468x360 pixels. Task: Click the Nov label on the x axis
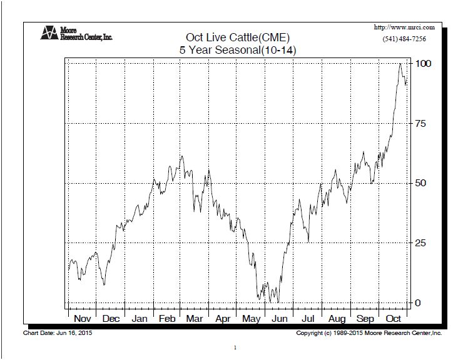[x=83, y=318]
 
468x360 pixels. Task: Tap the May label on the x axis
[x=252, y=318]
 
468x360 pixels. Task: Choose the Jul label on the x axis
[x=308, y=318]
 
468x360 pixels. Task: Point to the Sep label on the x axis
[x=365, y=318]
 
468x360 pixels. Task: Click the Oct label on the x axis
[x=394, y=318]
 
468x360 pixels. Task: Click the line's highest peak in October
[x=400, y=64]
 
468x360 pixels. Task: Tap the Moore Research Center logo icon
[x=49, y=32]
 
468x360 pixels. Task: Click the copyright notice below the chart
[x=369, y=334]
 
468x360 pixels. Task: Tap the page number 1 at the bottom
[x=234, y=347]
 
